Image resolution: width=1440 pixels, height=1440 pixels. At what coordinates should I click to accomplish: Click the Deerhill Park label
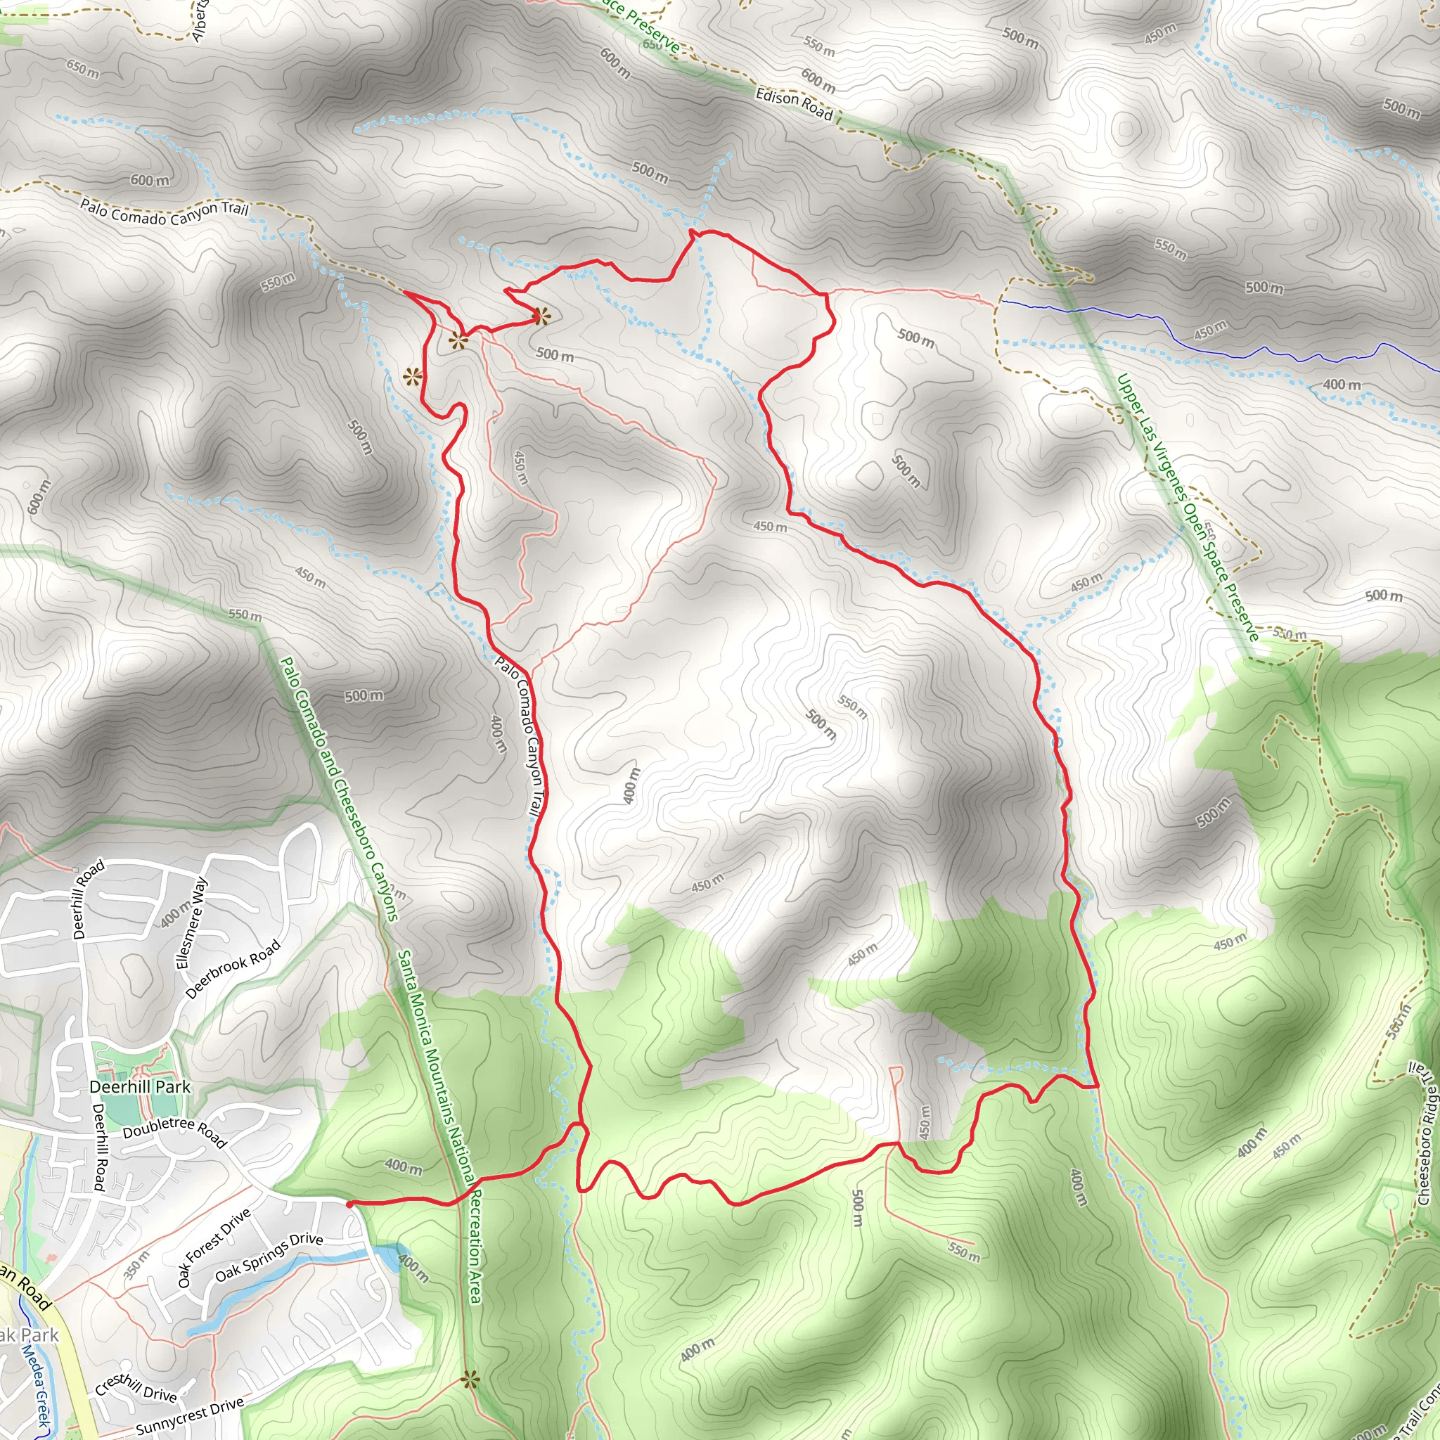pyautogui.click(x=140, y=1087)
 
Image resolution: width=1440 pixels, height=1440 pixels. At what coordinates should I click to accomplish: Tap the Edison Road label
pyautogui.click(x=794, y=103)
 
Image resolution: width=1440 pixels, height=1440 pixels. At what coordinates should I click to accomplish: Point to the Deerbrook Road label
pyautogui.click(x=233, y=969)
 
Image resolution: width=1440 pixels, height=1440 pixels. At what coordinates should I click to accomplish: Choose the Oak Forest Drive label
pyautogui.click(x=214, y=1249)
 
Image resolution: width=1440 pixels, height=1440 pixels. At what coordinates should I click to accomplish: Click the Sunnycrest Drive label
pyautogui.click(x=189, y=1415)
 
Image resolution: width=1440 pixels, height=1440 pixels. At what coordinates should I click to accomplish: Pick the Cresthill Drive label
pyautogui.click(x=136, y=1387)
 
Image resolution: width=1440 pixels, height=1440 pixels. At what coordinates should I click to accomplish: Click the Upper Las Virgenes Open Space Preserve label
pyautogui.click(x=1187, y=507)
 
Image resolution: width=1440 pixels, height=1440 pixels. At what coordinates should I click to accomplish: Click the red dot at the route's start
pyautogui.click(x=349, y=1204)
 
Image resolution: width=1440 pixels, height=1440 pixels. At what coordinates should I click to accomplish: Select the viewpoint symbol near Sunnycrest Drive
pyautogui.click(x=469, y=1380)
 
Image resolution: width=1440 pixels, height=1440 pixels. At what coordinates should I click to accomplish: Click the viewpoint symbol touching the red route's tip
pyautogui.click(x=541, y=317)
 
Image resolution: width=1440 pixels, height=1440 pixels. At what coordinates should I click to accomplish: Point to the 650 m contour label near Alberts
pyautogui.click(x=82, y=70)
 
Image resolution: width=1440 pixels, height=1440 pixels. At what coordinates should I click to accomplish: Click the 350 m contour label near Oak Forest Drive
pyautogui.click(x=136, y=1265)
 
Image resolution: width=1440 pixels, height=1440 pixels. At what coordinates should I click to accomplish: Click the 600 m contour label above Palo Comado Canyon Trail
pyautogui.click(x=150, y=181)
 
